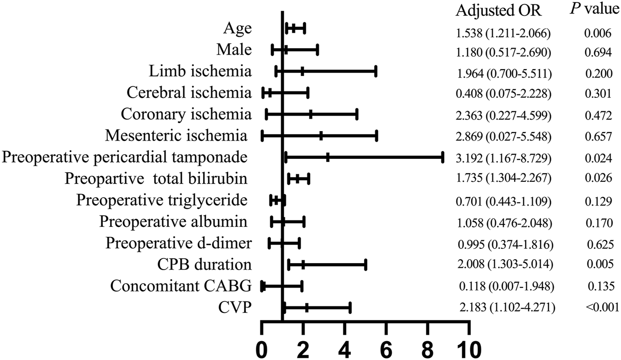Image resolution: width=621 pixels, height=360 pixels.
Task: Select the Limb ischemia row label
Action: click(x=200, y=72)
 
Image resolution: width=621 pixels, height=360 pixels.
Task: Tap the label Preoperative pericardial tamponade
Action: click(x=125, y=158)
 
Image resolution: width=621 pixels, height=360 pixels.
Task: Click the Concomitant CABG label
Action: click(x=181, y=286)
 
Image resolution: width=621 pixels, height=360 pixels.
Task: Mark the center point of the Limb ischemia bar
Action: click(x=302, y=72)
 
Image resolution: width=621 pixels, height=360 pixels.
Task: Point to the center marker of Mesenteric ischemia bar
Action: click(x=321, y=136)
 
